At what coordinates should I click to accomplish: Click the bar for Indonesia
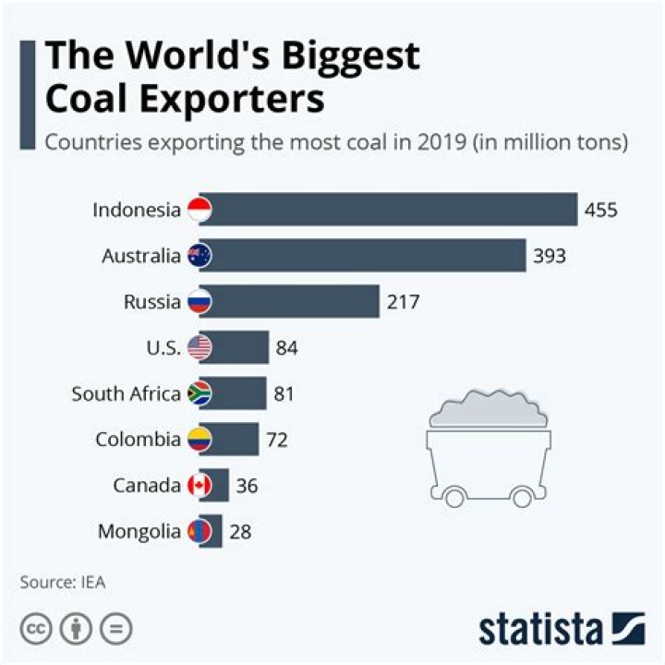click(x=393, y=210)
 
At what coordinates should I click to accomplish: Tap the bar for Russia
click(x=296, y=301)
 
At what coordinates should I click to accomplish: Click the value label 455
click(x=600, y=211)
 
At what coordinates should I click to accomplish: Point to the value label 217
click(x=403, y=302)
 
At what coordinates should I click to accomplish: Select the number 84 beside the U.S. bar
click(x=286, y=348)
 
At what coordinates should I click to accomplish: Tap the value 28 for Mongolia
click(x=240, y=531)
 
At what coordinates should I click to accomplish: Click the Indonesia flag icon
click(x=199, y=210)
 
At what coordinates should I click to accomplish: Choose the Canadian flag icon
click(x=199, y=485)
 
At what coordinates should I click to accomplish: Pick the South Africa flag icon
click(x=199, y=393)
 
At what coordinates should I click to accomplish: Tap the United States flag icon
click(x=199, y=348)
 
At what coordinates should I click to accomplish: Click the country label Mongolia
click(x=139, y=531)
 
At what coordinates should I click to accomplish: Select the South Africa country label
click(x=126, y=393)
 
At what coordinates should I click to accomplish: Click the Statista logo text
click(x=540, y=630)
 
